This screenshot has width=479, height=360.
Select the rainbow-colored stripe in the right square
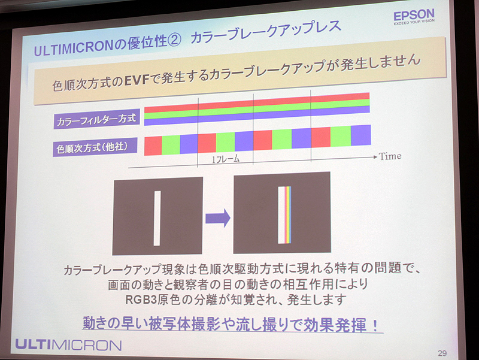point(286,216)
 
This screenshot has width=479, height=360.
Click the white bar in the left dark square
point(157,217)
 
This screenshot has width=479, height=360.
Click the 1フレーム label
point(226,159)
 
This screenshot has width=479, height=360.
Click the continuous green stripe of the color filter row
point(257,108)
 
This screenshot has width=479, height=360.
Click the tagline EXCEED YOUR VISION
point(414,24)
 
